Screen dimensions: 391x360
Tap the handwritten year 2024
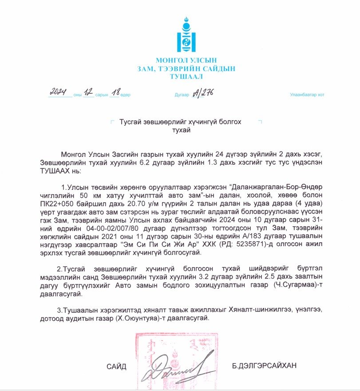coord(58,92)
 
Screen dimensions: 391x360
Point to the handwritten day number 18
coord(116,92)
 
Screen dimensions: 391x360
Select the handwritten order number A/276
coord(202,92)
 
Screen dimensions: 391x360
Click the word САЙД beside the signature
coord(116,367)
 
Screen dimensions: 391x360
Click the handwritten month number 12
coord(88,92)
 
